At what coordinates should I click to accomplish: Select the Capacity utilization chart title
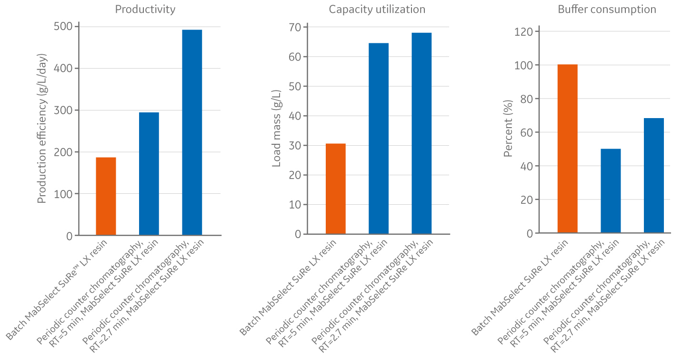point(377,9)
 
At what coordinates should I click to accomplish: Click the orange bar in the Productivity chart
point(106,196)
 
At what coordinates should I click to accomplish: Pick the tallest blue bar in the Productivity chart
point(192,132)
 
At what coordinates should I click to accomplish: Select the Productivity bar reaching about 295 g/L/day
point(149,174)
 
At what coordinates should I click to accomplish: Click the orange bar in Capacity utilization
point(336,189)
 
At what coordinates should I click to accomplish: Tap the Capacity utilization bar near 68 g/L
point(421,133)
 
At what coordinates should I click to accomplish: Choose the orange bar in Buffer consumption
point(568,149)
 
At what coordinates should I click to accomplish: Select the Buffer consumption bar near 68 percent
point(653,175)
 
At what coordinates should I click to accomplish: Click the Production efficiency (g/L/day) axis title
point(42,131)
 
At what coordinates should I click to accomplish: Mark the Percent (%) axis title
point(508,129)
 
